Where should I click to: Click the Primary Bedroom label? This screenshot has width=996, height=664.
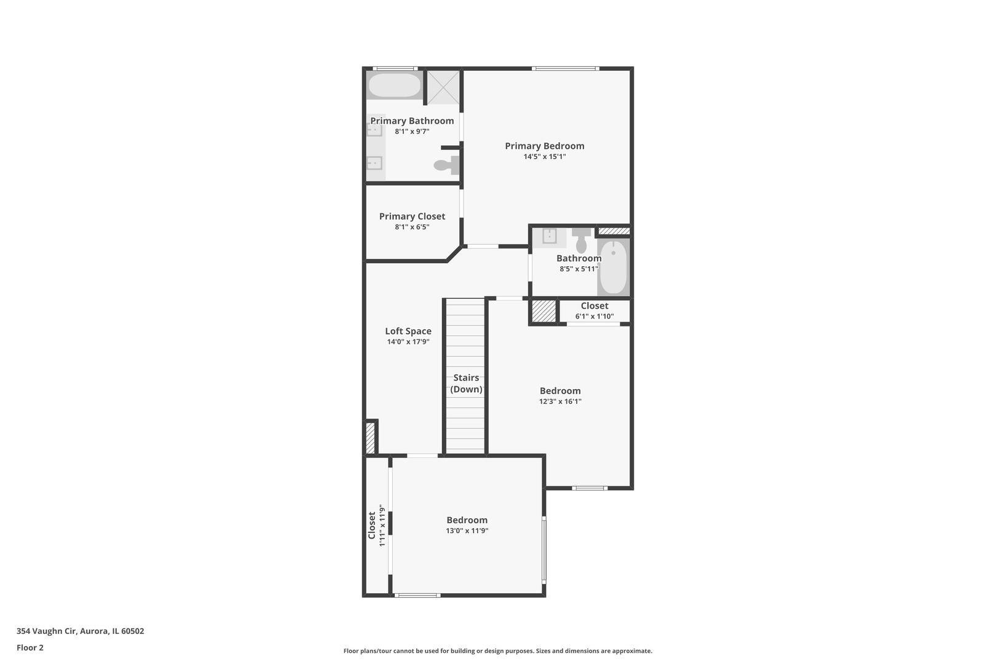click(544, 146)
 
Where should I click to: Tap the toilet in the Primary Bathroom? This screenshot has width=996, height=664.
click(446, 165)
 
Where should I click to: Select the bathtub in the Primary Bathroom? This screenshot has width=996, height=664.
click(394, 85)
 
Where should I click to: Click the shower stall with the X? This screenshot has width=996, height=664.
click(443, 87)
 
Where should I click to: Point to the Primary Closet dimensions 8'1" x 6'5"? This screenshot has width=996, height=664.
click(412, 227)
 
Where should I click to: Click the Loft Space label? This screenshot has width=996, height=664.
click(408, 331)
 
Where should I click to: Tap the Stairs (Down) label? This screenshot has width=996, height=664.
click(466, 383)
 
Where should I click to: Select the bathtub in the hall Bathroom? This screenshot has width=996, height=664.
click(613, 268)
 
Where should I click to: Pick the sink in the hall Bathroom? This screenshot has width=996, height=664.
click(549, 236)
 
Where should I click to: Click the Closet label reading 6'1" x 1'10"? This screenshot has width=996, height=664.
click(595, 306)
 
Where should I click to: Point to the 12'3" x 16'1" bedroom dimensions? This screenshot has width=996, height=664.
click(560, 401)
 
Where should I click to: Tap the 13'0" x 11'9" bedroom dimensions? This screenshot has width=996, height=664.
click(467, 531)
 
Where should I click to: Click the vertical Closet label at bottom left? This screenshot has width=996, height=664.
click(371, 526)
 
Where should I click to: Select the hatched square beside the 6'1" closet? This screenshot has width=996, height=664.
click(543, 310)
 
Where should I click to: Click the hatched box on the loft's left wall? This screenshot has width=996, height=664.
click(370, 438)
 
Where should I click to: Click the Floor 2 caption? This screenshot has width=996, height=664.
click(30, 647)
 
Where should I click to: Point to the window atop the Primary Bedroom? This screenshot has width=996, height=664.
click(565, 68)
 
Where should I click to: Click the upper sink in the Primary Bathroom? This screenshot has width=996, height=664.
click(374, 130)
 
